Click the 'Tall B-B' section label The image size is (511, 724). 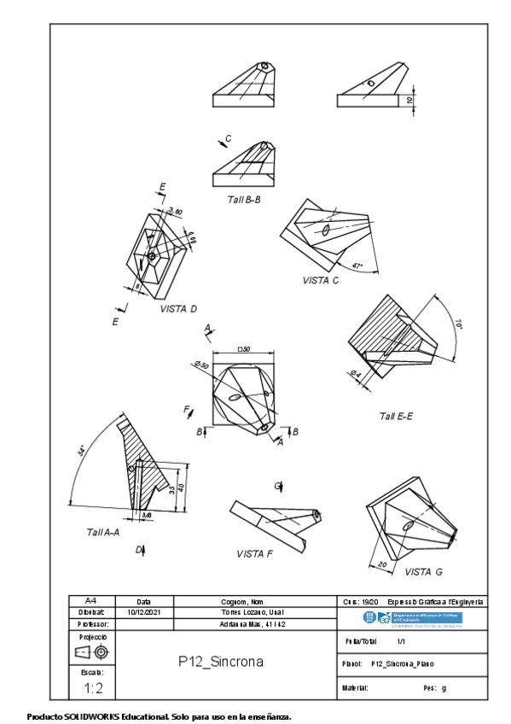(243, 199)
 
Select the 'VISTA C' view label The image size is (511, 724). (320, 280)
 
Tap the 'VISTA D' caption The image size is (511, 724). (178, 308)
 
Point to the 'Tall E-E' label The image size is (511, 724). (396, 416)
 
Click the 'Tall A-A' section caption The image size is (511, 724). (102, 531)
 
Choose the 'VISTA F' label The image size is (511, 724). (254, 553)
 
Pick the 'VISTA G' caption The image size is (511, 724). (423, 571)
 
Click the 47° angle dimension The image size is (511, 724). (357, 266)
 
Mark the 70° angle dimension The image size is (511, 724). (457, 324)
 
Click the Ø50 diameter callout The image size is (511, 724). (201, 365)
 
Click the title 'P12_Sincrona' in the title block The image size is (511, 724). (220, 661)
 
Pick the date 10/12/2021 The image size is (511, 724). (144, 612)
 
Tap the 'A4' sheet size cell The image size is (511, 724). (91, 601)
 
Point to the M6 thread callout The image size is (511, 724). (147, 516)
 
